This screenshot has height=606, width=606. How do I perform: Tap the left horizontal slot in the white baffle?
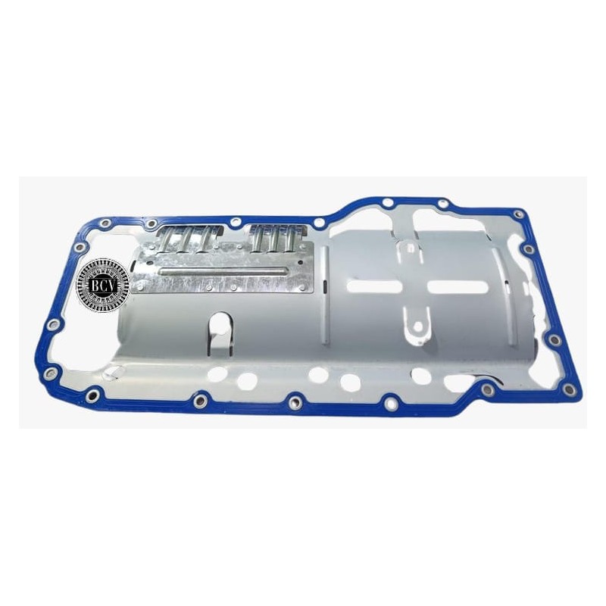(374, 286)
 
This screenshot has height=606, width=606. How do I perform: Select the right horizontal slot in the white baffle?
(458, 286)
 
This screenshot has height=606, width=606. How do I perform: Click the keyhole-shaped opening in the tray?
(220, 333)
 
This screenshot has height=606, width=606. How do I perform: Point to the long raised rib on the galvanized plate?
(223, 271)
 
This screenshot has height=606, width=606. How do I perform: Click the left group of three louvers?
(190, 239)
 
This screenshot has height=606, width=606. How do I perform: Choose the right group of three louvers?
(277, 239)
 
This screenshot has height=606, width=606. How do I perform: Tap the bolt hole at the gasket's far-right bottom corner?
(567, 390)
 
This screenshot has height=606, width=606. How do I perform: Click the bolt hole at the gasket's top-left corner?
(105, 223)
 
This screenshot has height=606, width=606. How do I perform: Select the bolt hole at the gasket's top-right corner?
(518, 214)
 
